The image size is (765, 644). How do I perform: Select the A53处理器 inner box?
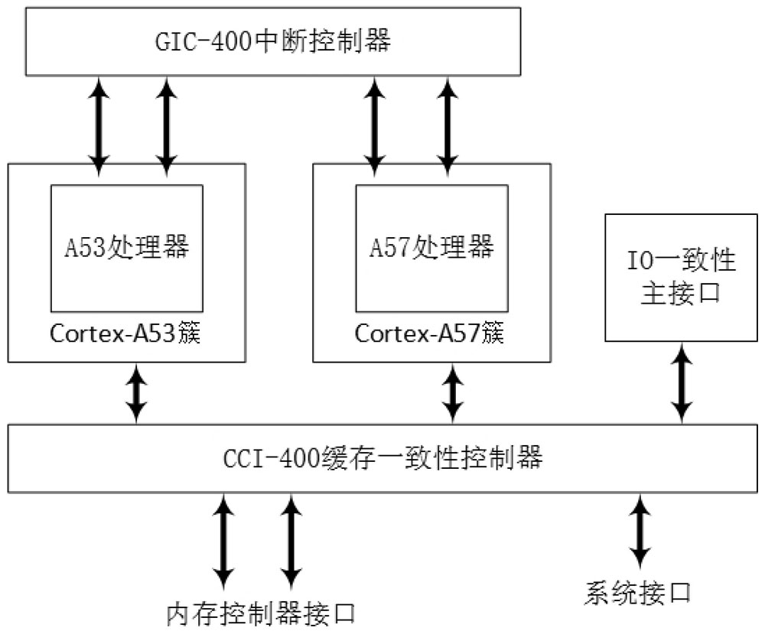tap(127, 247)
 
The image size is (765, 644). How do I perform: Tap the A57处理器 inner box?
tap(431, 247)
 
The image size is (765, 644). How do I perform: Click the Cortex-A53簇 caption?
tap(125, 334)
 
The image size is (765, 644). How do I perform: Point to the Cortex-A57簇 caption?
tap(431, 334)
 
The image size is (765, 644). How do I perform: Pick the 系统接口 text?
tap(639, 593)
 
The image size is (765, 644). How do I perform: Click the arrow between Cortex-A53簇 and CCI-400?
tap(137, 392)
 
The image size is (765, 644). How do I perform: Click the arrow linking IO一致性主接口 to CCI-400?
tap(680, 382)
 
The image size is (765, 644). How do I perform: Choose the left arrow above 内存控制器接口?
tap(223, 538)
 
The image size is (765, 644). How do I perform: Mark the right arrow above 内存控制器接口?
tap(290, 538)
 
